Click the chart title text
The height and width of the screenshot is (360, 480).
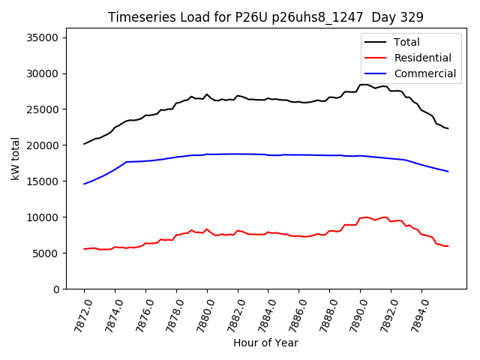pyautogui.click(x=265, y=17)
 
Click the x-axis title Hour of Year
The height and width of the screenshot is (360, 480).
pyautogui.click(x=265, y=343)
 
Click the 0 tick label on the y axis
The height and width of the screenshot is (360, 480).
pyautogui.click(x=57, y=289)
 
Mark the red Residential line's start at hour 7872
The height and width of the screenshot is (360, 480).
pyautogui.click(x=84, y=249)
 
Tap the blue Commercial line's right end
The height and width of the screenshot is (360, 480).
pyautogui.click(x=448, y=172)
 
